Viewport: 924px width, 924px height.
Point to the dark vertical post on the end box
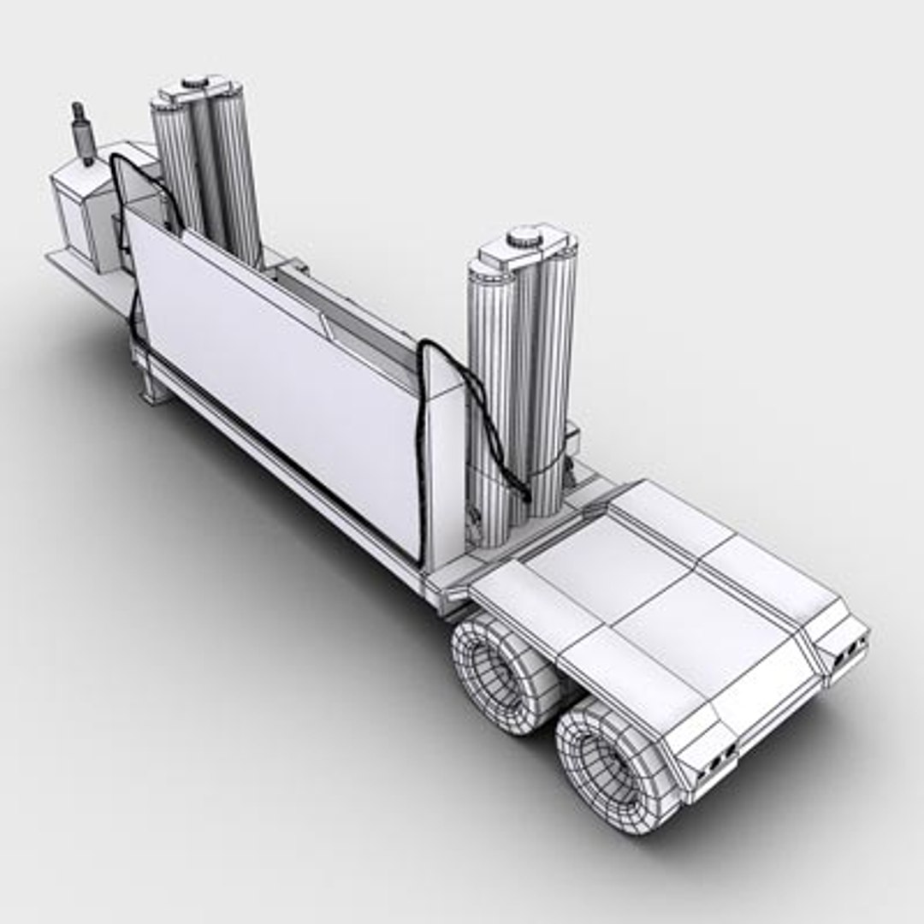pyautogui.click(x=83, y=133)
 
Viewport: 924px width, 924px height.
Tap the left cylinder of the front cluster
pyautogui.click(x=175, y=163)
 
